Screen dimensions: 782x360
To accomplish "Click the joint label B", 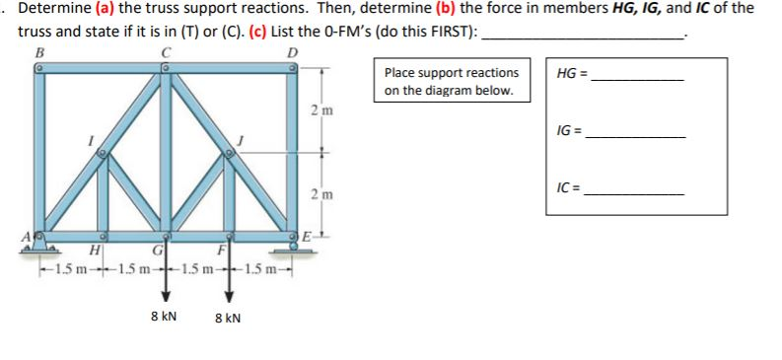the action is (x=39, y=53).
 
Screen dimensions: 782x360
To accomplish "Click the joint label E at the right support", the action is (x=308, y=238).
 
